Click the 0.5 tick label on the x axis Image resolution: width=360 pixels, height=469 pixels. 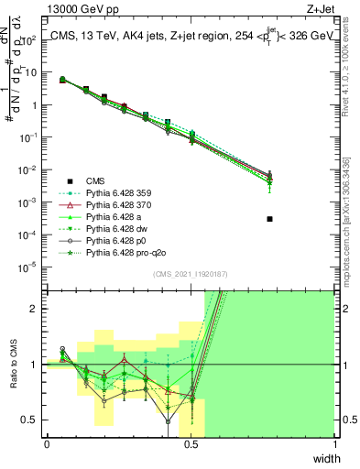pyautogui.click(x=191, y=444)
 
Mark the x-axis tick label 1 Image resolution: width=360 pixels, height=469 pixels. pyautogui.click(x=334, y=444)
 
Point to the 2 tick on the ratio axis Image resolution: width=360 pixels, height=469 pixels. pyautogui.click(x=36, y=309)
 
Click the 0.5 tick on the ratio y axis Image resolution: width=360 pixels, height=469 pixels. pyautogui.click(x=33, y=420)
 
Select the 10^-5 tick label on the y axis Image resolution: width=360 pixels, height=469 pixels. pyautogui.click(x=31, y=267)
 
